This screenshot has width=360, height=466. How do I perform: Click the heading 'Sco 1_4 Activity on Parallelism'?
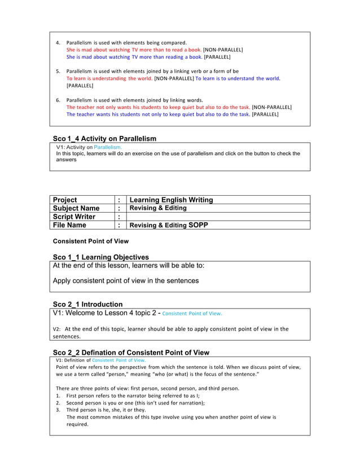[x=104, y=138]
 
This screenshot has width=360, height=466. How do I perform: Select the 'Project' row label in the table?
[x=65, y=200]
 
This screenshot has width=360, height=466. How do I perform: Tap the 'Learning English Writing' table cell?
[x=171, y=200]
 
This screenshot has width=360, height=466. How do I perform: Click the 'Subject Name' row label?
[x=76, y=208]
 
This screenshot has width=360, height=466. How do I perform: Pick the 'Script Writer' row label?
[x=74, y=217]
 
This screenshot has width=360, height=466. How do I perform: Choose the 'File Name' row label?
[x=69, y=225]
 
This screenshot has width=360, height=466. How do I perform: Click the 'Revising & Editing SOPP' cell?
[x=169, y=225]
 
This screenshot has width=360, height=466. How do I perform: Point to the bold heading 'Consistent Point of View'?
[x=90, y=241]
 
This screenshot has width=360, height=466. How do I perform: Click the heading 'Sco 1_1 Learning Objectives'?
[x=101, y=257]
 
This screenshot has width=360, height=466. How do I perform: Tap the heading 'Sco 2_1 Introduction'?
[x=87, y=304]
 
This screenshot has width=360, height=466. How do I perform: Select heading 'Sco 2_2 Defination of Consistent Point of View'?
[x=131, y=353]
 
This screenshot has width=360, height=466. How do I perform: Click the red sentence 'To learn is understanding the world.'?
[x=109, y=78]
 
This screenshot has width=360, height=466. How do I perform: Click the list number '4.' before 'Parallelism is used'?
[x=58, y=43]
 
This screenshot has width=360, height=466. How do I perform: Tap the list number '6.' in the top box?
[x=58, y=100]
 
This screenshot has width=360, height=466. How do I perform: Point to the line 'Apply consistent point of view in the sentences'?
[x=125, y=280]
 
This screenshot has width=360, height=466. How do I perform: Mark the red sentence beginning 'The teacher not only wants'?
[x=158, y=107]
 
